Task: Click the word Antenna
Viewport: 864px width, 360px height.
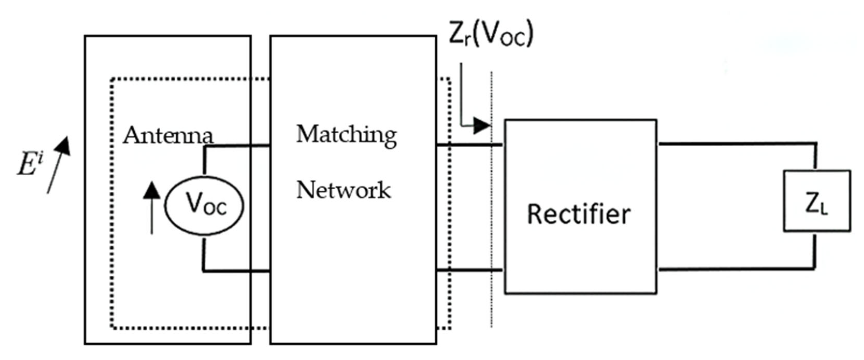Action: [168, 136]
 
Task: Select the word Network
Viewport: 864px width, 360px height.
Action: [344, 190]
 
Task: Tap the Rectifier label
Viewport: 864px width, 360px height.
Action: [579, 215]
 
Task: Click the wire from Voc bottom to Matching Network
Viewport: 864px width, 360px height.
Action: [235, 270]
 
